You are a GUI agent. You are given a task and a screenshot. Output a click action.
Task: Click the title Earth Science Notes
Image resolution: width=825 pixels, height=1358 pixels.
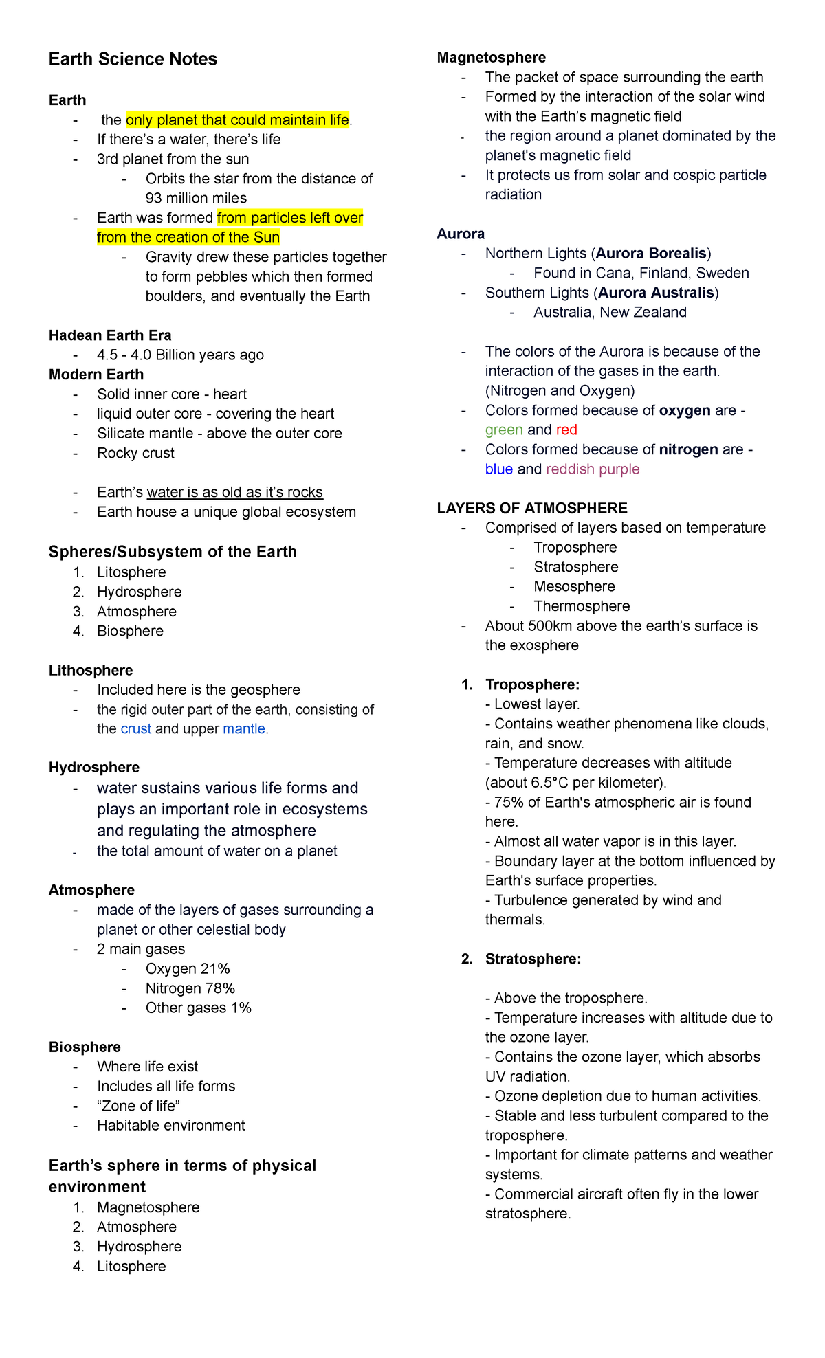(x=133, y=59)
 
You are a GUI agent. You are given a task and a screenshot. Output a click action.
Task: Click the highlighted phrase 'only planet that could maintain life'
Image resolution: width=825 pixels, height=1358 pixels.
(x=237, y=120)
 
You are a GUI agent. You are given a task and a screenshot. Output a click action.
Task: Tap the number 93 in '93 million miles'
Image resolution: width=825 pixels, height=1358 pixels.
(x=155, y=198)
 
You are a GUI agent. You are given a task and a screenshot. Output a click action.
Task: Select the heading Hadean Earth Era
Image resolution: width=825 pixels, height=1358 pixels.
(x=110, y=335)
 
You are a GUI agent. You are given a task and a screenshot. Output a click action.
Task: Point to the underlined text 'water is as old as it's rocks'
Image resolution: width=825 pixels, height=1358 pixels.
(x=234, y=492)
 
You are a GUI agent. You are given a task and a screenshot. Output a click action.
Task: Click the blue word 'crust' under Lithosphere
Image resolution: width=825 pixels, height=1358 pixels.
(x=135, y=729)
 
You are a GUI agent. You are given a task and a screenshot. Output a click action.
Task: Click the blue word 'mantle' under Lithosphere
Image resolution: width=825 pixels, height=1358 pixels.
(x=243, y=729)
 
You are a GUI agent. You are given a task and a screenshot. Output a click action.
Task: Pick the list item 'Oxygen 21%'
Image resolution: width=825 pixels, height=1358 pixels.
(x=188, y=968)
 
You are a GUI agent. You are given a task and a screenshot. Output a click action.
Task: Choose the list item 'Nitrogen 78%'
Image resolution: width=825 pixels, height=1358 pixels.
(x=190, y=988)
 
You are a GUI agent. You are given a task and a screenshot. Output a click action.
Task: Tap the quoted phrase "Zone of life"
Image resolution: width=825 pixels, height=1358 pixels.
(x=138, y=1106)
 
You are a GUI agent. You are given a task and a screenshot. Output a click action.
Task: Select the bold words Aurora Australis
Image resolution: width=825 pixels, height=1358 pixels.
(x=656, y=293)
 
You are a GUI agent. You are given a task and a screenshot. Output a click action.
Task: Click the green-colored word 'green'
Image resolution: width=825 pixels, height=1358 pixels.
(x=504, y=430)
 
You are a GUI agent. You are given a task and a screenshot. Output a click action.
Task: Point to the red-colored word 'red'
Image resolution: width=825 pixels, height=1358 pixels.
(x=566, y=430)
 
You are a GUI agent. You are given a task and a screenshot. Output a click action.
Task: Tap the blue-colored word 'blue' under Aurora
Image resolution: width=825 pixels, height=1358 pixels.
(x=498, y=469)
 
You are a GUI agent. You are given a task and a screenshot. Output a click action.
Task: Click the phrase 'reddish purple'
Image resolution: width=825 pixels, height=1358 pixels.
(x=593, y=469)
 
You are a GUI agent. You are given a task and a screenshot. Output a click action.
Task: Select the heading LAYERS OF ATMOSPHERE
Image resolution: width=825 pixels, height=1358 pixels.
(x=532, y=509)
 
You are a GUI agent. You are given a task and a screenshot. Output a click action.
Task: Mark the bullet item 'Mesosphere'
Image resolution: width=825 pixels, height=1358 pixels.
(x=574, y=587)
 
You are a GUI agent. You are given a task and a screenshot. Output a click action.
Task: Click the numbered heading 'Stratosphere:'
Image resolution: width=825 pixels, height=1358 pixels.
(x=533, y=959)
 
